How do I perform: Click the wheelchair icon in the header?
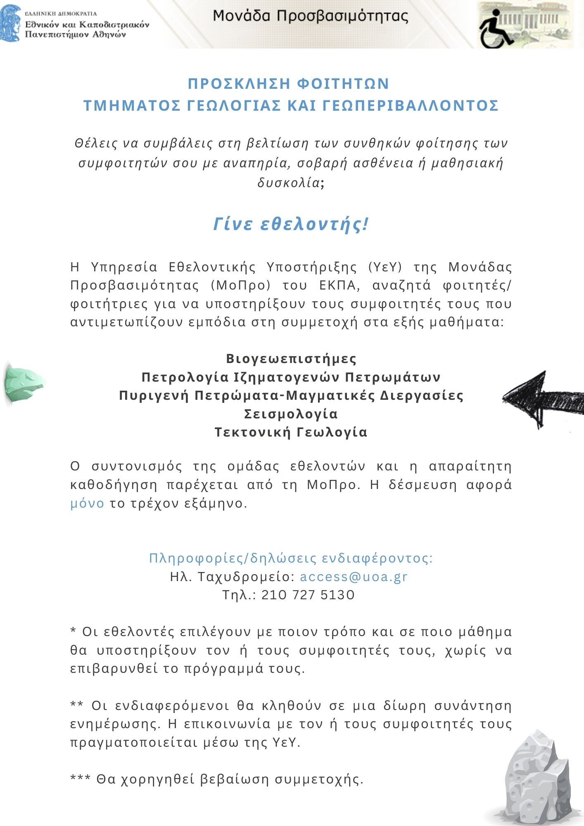coord(496,29)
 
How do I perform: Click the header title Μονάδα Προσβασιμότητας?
coord(311,17)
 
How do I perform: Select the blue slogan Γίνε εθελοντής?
coord(291,224)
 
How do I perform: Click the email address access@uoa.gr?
coord(354,577)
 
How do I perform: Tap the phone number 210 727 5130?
coord(308,595)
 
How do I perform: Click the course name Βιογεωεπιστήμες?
coord(291,358)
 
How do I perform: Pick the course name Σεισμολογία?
coord(291,414)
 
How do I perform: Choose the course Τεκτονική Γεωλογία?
coord(291,432)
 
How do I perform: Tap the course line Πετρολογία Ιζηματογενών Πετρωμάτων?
coord(291,377)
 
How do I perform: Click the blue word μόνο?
coord(87,503)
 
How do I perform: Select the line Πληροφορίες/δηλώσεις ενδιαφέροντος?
coord(291,558)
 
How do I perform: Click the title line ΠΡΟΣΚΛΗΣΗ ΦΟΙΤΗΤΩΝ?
coord(288,84)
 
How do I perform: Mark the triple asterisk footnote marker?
coord(81,779)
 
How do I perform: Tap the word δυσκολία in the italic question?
coord(288,183)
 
